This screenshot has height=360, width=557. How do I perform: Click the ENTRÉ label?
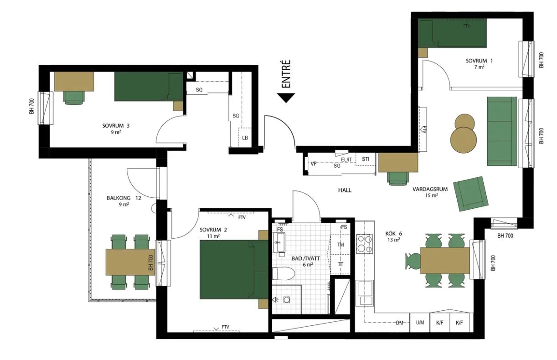coord(286,74)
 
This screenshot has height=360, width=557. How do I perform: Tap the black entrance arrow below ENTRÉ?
coord(286,98)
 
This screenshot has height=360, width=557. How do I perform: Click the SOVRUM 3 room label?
coord(116,126)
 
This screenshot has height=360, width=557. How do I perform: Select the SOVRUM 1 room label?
coord(479,61)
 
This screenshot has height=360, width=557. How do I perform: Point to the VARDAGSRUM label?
coord(430,189)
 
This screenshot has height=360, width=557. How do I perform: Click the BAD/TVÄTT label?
coord(306,258)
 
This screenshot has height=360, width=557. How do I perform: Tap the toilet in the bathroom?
coord(284,273)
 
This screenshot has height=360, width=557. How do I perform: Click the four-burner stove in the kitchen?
coord(365,244)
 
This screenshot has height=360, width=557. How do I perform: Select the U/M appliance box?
coord(420,323)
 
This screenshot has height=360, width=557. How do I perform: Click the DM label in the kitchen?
coord(399,323)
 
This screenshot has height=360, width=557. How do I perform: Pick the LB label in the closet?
coord(245,138)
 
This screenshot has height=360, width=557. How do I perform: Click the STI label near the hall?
coord(366,159)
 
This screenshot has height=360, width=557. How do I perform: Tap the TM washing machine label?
coord(340,245)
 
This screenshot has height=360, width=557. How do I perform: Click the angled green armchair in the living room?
coord(471,194)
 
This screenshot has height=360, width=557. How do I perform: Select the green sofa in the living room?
coord(502,131)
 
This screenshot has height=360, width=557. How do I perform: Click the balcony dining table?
coord(130,262)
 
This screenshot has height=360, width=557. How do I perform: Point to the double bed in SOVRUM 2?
coord(234,269)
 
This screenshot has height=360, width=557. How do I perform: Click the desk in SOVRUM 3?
coord(74,82)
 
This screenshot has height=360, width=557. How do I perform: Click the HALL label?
coord(345,190)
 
